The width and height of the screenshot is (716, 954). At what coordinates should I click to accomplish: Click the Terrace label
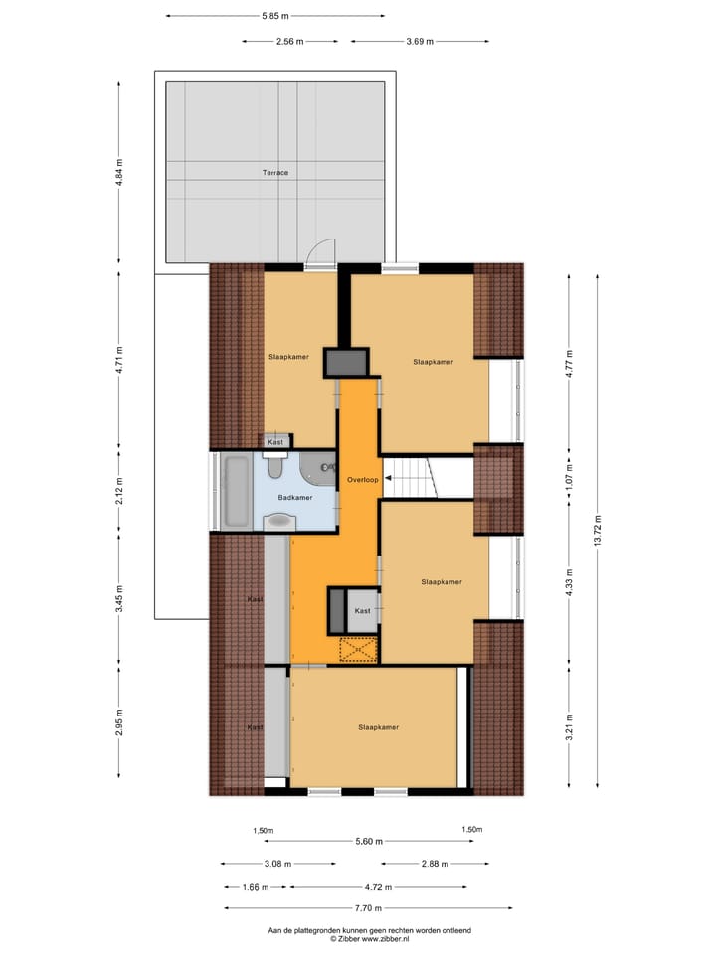pos(275,173)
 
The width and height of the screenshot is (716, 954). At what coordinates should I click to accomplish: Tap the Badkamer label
pos(295,498)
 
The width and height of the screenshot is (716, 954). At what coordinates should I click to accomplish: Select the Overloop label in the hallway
pos(362,480)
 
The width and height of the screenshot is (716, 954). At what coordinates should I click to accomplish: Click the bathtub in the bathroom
pos(236,492)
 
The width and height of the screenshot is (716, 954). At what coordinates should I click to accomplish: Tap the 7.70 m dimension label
pos(369,907)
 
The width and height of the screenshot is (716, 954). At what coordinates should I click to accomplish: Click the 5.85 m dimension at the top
pos(275,16)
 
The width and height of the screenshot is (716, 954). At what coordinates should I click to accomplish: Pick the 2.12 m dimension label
pos(119,492)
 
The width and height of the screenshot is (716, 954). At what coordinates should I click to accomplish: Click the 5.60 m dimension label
pos(369,842)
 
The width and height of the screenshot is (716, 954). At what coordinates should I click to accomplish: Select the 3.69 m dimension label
pos(420,42)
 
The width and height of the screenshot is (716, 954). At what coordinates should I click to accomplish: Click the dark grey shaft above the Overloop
pos(345,361)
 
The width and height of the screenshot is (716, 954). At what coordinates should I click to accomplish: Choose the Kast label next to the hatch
pos(362,611)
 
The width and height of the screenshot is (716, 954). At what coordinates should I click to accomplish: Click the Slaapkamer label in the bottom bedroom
pos(378,727)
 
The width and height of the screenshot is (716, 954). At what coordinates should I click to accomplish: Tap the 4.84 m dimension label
pos(119,171)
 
